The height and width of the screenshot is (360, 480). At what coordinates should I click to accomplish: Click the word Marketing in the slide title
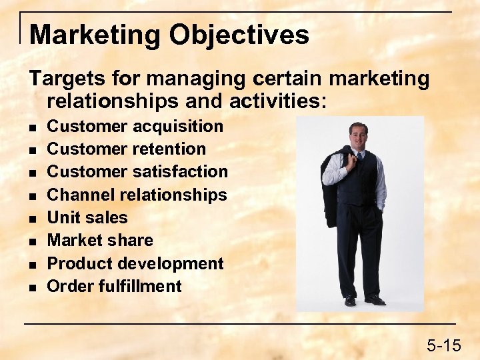pos(96,35)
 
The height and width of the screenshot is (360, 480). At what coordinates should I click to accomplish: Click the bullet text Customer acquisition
pos(135,126)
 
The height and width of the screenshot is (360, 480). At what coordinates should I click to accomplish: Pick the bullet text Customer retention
pos(127,149)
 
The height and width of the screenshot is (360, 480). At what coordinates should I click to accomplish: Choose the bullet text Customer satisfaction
pos(137,171)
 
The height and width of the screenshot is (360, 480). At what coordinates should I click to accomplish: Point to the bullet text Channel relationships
pos(137,195)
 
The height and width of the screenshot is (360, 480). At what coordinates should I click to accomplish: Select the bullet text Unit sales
pos(87,217)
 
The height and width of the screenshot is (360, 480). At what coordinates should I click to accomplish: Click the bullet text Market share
pos(100,240)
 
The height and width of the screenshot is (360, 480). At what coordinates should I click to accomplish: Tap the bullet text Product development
pos(135,263)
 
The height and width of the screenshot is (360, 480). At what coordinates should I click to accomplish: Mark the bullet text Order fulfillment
pos(114,286)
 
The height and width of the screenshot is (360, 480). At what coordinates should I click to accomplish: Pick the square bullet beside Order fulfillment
pos(33,287)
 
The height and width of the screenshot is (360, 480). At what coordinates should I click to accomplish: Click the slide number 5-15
pos(443,345)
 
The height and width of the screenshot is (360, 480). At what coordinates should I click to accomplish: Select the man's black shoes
pos(364,300)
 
